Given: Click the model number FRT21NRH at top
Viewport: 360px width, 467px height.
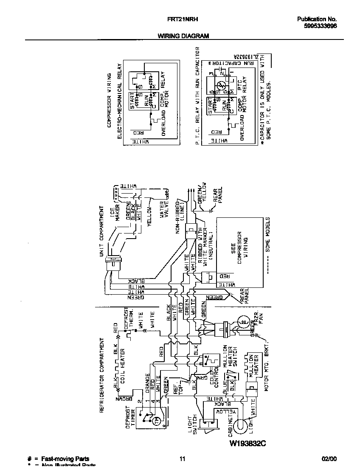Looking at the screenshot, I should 183,19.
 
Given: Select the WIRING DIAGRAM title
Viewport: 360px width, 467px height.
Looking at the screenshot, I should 183,36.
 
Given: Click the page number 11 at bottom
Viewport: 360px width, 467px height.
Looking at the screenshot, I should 183,459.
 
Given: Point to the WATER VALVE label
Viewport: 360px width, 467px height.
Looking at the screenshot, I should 165,210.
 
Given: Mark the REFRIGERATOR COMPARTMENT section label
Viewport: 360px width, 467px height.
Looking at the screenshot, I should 102,375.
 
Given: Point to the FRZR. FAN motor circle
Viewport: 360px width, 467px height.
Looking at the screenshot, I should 244,323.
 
